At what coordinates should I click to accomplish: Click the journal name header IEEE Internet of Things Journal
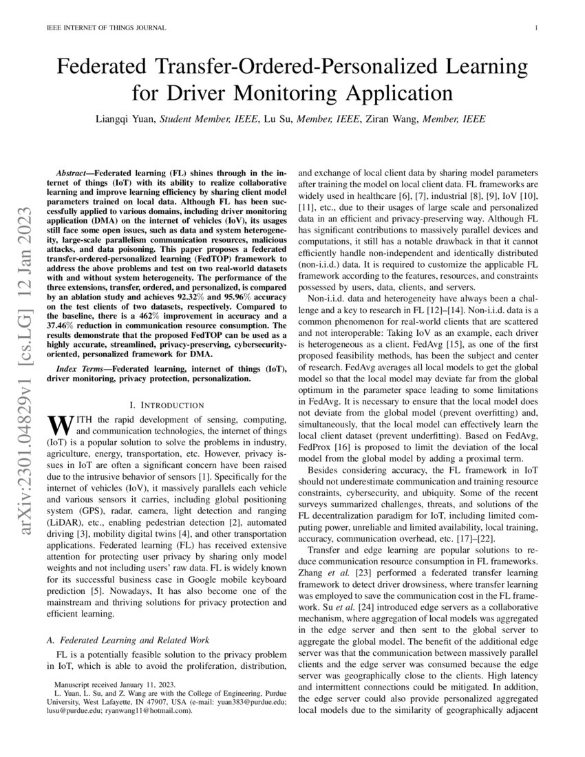click(99, 28)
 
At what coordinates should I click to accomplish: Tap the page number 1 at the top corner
click(535, 28)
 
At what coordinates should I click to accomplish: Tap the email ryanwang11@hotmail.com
click(151, 712)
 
